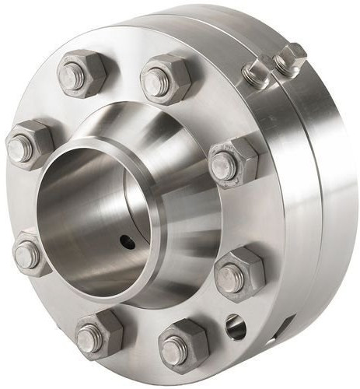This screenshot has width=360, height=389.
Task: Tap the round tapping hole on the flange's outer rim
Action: click(235, 327)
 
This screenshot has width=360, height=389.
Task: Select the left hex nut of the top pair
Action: click(82, 73)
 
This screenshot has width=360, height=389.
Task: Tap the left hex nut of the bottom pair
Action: click(99, 335)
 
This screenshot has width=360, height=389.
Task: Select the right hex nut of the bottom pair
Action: click(182, 342)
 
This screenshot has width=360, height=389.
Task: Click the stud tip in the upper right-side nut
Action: click(223, 165)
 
